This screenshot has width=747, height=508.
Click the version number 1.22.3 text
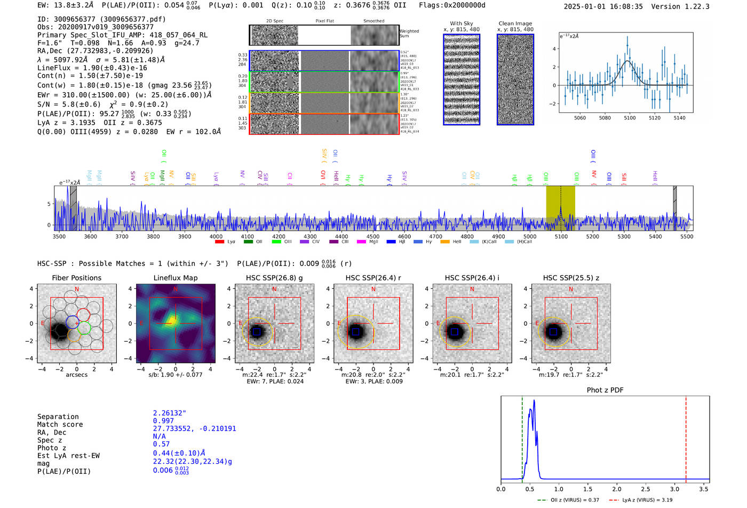point(694,6)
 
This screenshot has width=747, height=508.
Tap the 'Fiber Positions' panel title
point(76,278)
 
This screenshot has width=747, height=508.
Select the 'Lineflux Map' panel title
point(175,278)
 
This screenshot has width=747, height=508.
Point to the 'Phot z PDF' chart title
point(605,390)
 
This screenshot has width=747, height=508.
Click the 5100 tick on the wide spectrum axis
point(561,237)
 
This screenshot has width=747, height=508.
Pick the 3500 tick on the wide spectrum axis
point(59,237)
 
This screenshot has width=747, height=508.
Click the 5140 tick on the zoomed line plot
point(679,118)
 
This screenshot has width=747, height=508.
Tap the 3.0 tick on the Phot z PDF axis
point(674,489)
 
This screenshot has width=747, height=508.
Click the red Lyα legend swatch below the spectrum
point(219,242)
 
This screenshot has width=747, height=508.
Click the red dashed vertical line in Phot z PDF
point(686,437)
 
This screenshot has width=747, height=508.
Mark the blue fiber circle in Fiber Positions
point(73,321)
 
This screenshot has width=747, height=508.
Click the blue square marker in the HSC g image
point(257,332)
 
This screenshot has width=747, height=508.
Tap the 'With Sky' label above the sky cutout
point(461,23)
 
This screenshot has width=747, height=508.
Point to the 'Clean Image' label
point(515,23)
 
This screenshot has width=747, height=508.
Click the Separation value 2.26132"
point(169,413)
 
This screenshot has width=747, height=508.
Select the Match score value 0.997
point(163,421)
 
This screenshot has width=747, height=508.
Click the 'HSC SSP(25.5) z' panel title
point(571,278)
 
